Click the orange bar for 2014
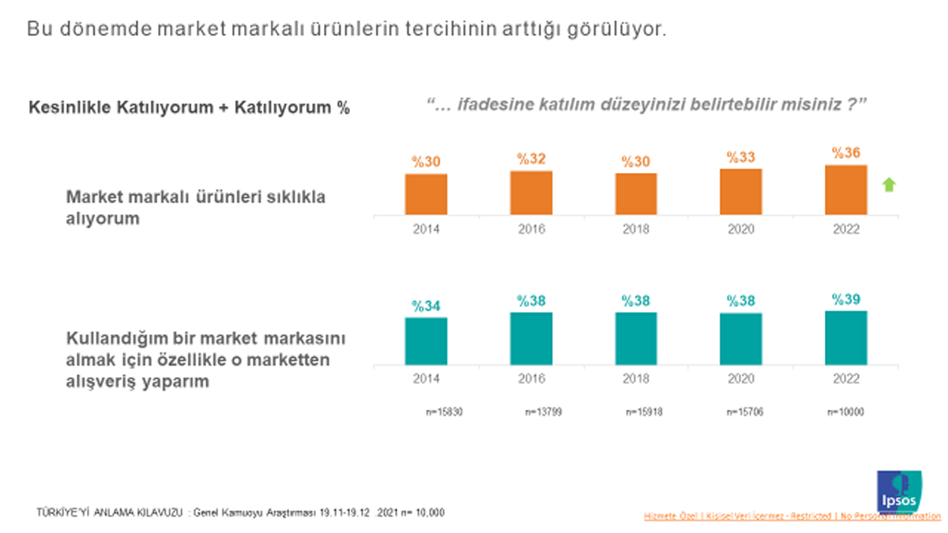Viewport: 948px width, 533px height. point(427,193)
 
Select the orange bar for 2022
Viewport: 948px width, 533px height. point(846,190)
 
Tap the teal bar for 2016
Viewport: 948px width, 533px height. point(531,338)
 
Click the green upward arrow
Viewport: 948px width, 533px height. point(889,186)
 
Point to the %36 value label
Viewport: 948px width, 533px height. point(846,153)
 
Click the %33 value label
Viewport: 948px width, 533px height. point(741,157)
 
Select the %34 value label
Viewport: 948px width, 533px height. point(427,306)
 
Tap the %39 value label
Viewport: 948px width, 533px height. point(846,299)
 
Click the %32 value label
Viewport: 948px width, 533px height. point(531,159)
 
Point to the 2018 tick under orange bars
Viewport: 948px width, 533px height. point(636,229)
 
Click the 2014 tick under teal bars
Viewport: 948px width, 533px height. point(427,378)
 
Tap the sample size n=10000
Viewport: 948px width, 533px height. point(845,412)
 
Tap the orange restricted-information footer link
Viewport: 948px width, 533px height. point(792,516)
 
